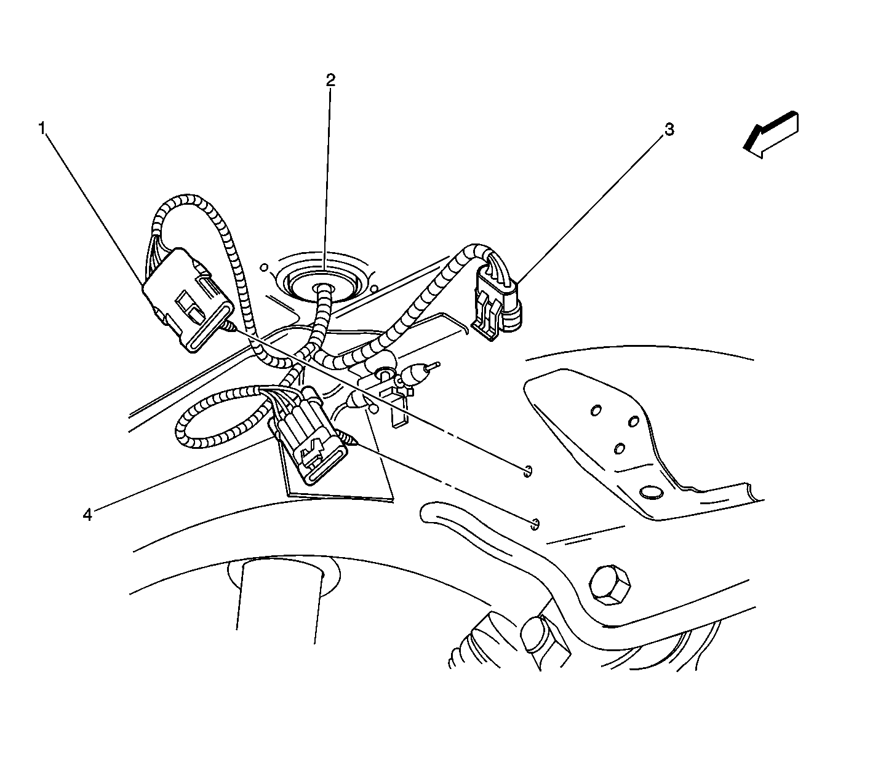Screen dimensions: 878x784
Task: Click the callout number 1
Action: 42,129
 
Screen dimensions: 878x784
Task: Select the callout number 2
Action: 330,80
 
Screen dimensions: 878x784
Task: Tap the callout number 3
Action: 669,130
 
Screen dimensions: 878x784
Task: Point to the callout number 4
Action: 87,515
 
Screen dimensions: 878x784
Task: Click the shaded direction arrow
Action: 771,135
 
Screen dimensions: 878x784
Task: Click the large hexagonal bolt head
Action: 610,584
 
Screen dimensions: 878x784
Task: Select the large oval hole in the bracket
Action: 652,493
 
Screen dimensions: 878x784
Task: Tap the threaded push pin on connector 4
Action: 349,440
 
